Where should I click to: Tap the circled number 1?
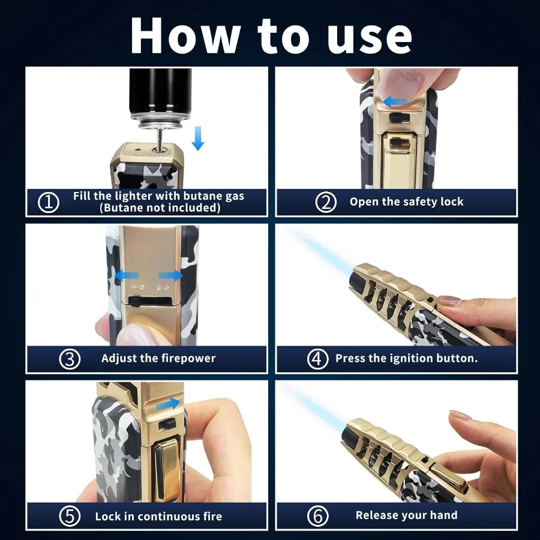point(48,202)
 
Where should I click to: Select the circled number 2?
point(325,202)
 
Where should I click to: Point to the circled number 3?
point(70,359)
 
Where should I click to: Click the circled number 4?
point(317,359)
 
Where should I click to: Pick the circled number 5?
point(70,516)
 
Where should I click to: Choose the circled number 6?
point(317,516)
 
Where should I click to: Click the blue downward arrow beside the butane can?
point(197,139)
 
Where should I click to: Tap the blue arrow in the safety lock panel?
point(395,102)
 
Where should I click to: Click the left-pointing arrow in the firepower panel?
point(126,276)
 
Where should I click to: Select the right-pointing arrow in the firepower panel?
point(170,276)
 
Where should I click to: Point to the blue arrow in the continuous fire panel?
point(168,404)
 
